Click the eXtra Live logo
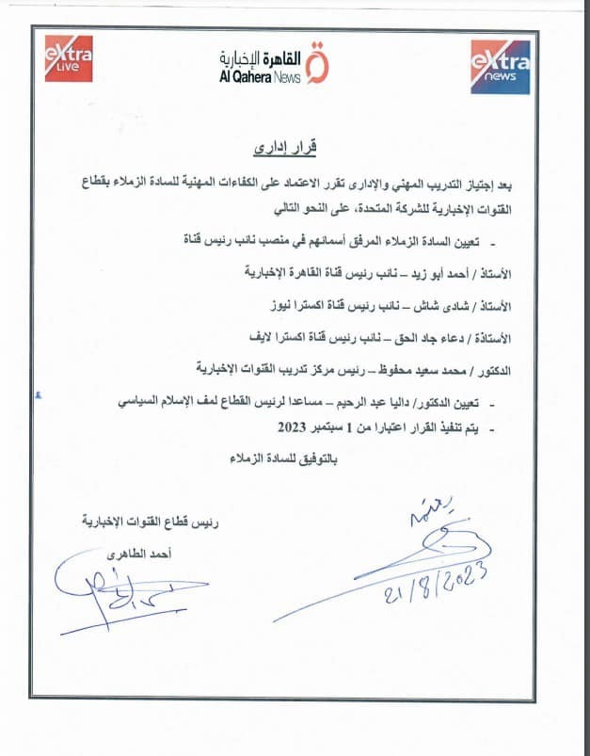69,59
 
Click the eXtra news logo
500,66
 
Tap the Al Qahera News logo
273,64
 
